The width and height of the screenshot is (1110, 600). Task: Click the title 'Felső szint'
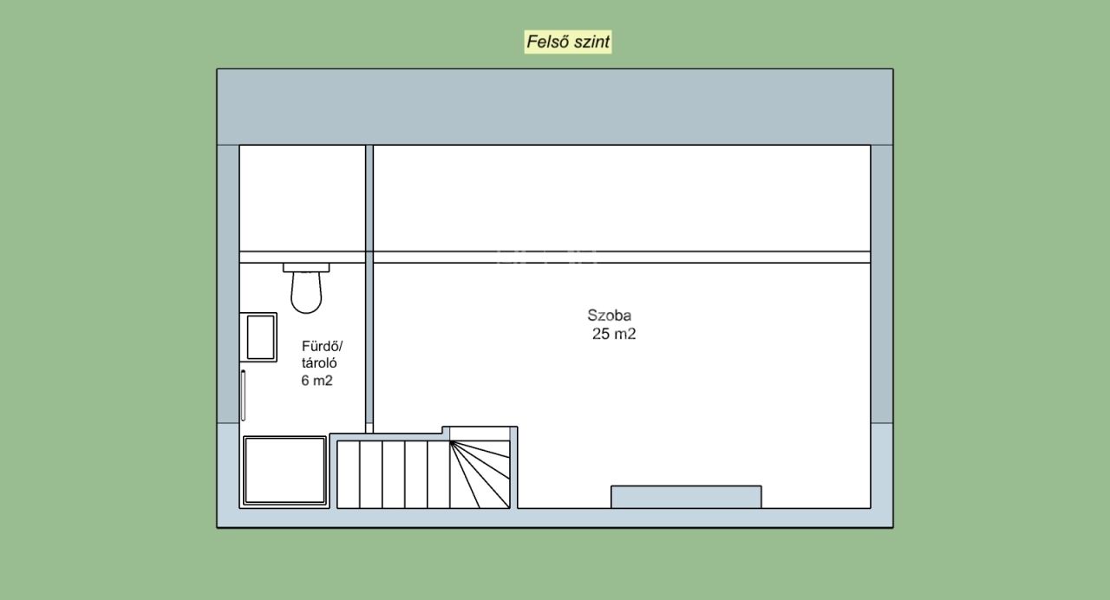568,42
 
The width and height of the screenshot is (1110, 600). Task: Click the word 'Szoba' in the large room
609,315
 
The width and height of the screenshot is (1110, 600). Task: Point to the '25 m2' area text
613,334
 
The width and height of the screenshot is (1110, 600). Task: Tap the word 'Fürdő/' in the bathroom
322,346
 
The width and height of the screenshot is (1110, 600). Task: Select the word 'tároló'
319,363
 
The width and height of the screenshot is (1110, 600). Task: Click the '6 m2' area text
317,381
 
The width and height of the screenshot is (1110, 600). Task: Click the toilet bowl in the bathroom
306,292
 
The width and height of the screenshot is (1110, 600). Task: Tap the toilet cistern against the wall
306,268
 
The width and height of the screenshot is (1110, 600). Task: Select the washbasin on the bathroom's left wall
258,337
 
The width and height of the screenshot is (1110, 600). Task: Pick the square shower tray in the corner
284,470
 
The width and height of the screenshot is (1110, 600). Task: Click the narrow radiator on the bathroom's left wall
244,395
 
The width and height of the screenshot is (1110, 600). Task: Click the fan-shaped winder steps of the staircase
480,474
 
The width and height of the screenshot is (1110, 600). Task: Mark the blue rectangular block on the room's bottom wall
686,497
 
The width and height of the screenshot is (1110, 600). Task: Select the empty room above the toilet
303,199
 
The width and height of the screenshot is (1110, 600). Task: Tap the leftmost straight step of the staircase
349,474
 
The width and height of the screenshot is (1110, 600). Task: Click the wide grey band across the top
555,107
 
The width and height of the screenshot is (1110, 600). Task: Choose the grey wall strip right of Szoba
882,284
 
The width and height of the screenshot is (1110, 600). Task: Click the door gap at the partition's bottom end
369,428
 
